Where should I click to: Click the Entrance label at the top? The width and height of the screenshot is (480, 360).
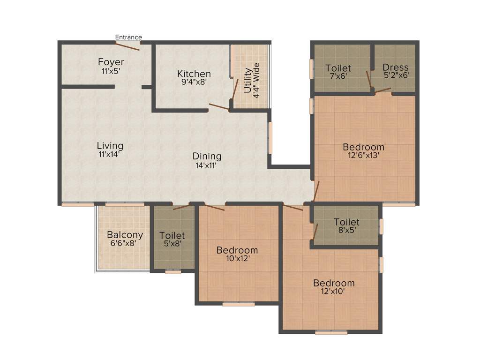128,37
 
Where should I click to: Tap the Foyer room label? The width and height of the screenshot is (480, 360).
111,62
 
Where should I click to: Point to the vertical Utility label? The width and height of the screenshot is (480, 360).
247,81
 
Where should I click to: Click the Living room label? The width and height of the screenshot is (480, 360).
110,145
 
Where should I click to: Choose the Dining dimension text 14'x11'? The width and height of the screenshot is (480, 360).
207,165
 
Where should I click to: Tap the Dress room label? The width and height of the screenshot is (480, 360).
395,67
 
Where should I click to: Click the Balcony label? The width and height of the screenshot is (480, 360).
125,235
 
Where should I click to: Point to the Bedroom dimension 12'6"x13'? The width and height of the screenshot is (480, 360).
363,156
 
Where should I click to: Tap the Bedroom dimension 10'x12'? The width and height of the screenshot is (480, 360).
237,258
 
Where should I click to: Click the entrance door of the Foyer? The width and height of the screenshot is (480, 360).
127,45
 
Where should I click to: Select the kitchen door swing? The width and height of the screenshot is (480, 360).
219,107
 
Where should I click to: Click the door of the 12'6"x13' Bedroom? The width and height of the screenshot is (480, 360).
316,191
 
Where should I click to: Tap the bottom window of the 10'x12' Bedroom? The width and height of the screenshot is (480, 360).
238,304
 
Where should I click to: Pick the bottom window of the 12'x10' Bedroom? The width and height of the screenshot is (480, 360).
331,332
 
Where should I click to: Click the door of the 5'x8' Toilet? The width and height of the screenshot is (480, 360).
181,206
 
